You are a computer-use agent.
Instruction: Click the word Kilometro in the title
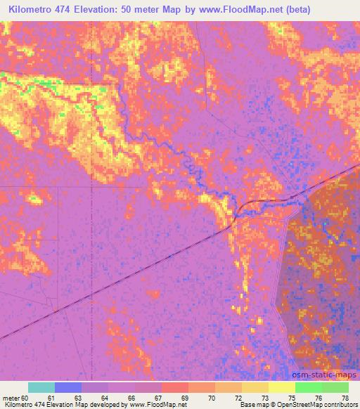[32, 9]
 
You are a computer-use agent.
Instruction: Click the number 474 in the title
[72, 9]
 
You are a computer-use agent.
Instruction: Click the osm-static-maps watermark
[326, 377]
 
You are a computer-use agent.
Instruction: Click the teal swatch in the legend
[41, 387]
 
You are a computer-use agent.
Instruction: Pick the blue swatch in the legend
[68, 387]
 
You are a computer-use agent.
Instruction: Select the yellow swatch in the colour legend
[282, 387]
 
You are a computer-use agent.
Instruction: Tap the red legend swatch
[175, 387]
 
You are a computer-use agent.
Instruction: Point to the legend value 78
[345, 397]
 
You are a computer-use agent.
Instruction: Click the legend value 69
[184, 397]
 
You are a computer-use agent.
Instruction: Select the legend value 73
[264, 397]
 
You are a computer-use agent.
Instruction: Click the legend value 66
[131, 397]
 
